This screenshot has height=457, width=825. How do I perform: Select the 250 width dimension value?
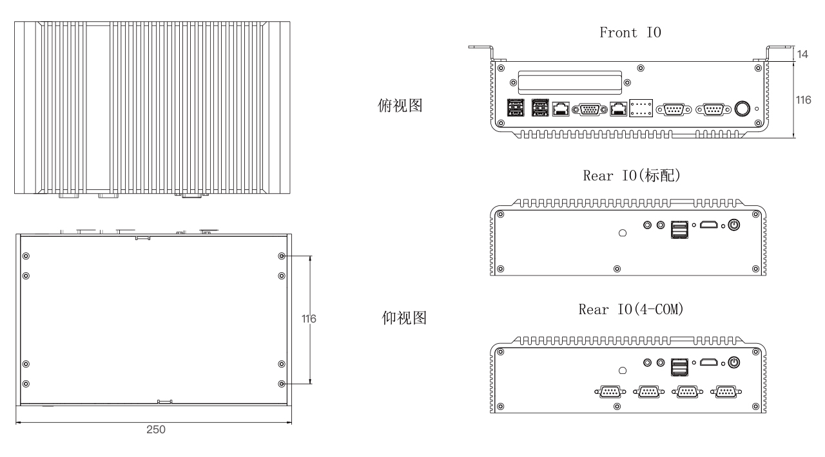tap(155, 429)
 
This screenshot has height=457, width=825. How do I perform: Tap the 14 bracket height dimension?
tap(803, 54)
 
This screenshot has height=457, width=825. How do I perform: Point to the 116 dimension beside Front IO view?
tap(803, 100)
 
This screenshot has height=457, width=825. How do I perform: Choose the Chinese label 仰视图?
tap(400, 318)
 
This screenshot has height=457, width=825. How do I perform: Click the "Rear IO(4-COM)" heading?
tap(630, 310)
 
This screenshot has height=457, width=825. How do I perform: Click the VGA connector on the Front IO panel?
tap(588, 109)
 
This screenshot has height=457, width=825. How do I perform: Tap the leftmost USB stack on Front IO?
tap(514, 109)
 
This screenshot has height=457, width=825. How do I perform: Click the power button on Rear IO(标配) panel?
tap(733, 225)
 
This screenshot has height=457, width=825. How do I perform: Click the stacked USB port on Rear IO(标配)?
tap(679, 228)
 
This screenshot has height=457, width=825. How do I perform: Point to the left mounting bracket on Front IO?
tap(481, 51)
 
